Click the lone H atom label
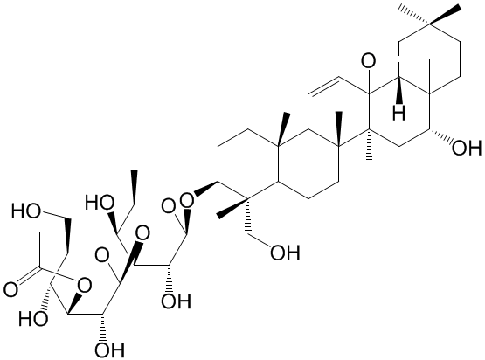click(398, 113)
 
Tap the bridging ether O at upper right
click(369, 61)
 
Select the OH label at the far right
click(467, 148)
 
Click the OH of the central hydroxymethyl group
click(285, 253)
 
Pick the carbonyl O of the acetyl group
click(11, 290)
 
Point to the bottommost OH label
click(109, 350)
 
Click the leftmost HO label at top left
click(26, 211)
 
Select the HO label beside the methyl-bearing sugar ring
click(100, 204)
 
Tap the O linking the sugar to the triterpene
click(187, 200)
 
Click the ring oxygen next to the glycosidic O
click(168, 205)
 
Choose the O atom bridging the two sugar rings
click(142, 235)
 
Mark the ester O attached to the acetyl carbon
click(84, 285)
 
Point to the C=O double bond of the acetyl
click(28, 274)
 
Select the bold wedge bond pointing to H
click(399, 90)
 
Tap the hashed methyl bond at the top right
click(414, 15)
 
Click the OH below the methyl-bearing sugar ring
click(176, 301)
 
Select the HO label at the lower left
click(33, 318)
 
